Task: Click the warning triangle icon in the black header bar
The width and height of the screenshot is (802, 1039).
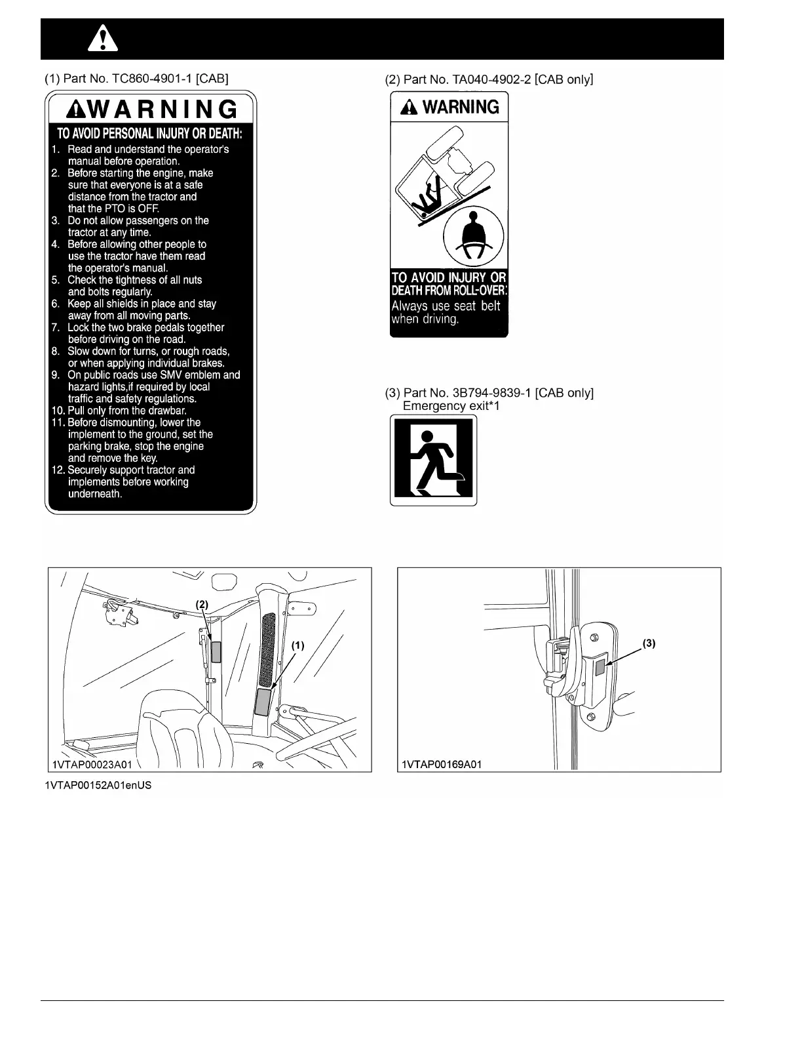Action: point(103,40)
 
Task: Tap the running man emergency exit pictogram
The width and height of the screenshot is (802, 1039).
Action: point(433,460)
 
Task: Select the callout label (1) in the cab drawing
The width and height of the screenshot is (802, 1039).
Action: point(297,645)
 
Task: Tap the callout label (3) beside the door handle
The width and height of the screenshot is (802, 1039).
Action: point(649,643)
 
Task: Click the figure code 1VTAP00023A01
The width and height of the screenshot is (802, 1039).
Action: point(92,765)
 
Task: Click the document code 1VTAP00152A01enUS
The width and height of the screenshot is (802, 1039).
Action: point(98,785)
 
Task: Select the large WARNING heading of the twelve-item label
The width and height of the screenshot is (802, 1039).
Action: point(151,109)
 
